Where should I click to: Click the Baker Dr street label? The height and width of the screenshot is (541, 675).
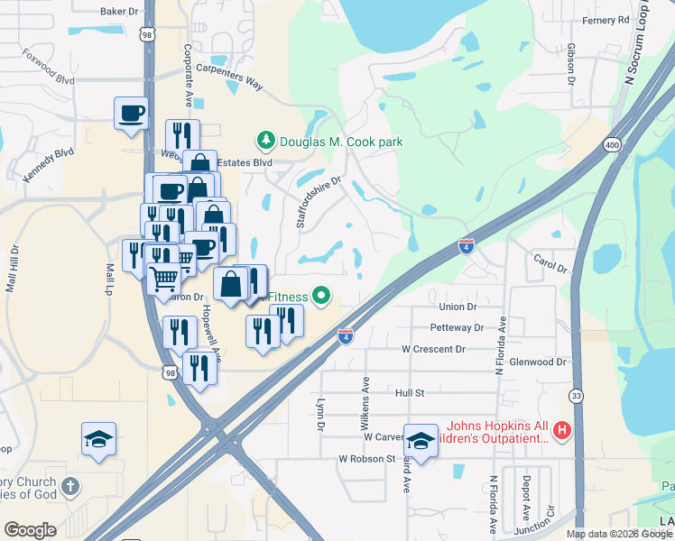(x=121, y=12)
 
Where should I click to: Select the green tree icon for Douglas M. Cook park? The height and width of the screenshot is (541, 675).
(x=266, y=141)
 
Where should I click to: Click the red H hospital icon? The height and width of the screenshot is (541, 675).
(x=562, y=432)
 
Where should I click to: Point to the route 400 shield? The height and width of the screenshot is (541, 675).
(x=613, y=144)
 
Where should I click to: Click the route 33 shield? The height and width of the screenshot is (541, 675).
(x=576, y=395)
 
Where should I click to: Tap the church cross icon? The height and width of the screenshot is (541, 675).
(x=70, y=487)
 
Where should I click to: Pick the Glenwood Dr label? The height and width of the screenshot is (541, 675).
(x=538, y=362)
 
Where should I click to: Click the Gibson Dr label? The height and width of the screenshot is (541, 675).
(x=571, y=63)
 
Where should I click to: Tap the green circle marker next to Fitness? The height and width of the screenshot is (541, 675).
(x=319, y=296)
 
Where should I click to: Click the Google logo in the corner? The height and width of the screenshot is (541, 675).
(x=31, y=530)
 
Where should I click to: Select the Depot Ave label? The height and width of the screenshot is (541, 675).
(x=526, y=499)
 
